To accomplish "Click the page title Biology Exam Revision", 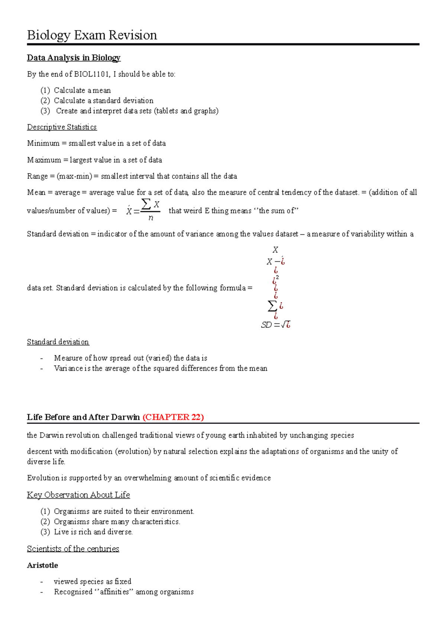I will [x=92, y=35].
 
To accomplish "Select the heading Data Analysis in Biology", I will [x=74, y=58].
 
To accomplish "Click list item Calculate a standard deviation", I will [x=103, y=101].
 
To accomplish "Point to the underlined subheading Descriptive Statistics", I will [x=62, y=127].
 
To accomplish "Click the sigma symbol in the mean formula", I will [x=146, y=204].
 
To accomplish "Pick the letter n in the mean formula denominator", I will [x=151, y=218].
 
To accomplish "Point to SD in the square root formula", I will [x=266, y=325].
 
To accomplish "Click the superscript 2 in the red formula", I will [x=278, y=277].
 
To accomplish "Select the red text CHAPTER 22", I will [x=173, y=417].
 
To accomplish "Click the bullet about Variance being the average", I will [x=161, y=368].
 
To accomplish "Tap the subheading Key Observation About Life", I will [x=78, y=495].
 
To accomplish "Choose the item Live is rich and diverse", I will [x=93, y=532].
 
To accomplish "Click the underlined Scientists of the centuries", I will [x=73, y=549].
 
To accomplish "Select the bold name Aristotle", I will [x=42, y=565].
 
